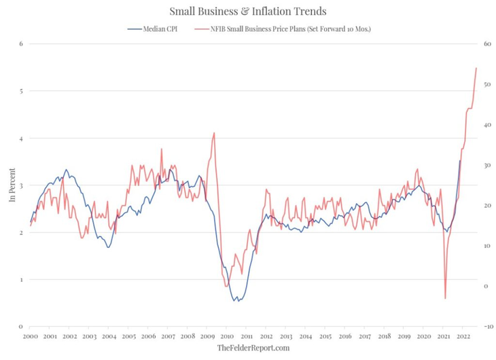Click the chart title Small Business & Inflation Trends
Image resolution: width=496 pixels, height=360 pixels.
pyautogui.click(x=247, y=12)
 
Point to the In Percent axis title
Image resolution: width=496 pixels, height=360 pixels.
pyautogui.click(x=12, y=185)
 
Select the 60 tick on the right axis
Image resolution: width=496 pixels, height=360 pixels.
pyautogui.click(x=486, y=44)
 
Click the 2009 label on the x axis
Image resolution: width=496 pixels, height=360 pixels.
pyautogui.click(x=208, y=336)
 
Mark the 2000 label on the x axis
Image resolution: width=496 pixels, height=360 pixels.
pyautogui.click(x=30, y=336)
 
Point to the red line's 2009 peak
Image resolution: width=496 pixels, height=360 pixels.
pyautogui.click(x=214, y=133)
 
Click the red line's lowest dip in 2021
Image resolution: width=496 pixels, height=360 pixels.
pyautogui.click(x=445, y=298)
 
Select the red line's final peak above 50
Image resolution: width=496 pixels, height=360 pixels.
pyautogui.click(x=476, y=68)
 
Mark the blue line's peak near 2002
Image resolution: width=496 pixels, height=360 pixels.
pyautogui.click(x=66, y=170)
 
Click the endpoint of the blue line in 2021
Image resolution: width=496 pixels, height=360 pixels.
pyautogui.click(x=460, y=160)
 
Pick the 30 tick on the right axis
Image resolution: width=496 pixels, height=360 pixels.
pyautogui.click(x=486, y=165)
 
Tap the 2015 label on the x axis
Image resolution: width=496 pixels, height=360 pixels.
pyautogui.click(x=325, y=336)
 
